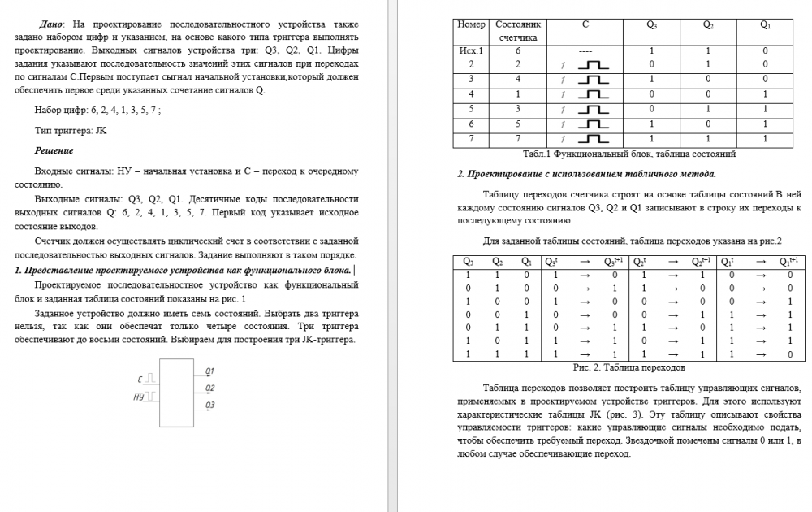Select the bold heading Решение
[54, 150]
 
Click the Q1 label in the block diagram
[209, 371]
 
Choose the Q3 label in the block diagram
[209, 404]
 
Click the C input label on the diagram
[140, 379]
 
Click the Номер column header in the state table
[471, 24]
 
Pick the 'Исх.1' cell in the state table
[471, 50]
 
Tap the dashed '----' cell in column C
[585, 50]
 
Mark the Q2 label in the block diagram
[209, 388]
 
